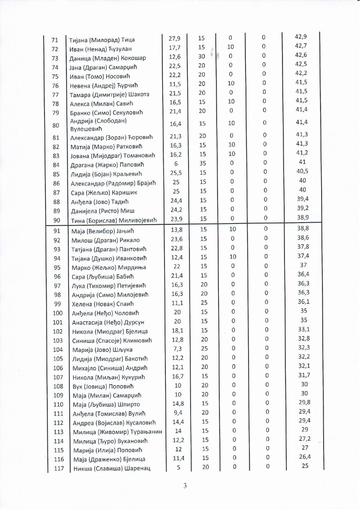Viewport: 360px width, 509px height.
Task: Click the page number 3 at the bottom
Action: point(185,486)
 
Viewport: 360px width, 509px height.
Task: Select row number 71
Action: point(54,40)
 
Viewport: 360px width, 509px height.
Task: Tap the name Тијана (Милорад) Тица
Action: point(102,40)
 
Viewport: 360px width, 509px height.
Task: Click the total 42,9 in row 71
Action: point(301,37)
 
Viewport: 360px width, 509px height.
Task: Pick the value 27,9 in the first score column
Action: point(174,38)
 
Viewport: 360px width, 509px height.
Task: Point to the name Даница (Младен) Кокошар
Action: point(108,58)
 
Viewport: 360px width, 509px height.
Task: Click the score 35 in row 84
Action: point(203,163)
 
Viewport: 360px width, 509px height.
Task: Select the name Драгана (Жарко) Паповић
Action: point(107,165)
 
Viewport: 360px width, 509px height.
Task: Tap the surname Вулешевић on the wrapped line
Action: point(86,129)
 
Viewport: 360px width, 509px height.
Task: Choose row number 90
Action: point(57,220)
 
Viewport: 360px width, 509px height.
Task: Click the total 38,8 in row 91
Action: point(303,228)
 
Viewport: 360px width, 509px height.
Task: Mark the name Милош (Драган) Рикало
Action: point(106,240)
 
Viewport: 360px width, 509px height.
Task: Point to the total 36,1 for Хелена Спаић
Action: point(303,302)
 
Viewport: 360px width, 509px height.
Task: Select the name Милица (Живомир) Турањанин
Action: point(117,432)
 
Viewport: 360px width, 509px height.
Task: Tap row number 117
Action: point(59,468)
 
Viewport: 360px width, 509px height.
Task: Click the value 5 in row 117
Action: point(179,467)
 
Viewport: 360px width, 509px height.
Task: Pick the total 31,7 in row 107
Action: point(304,375)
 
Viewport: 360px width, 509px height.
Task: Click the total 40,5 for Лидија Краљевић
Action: point(302,171)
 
